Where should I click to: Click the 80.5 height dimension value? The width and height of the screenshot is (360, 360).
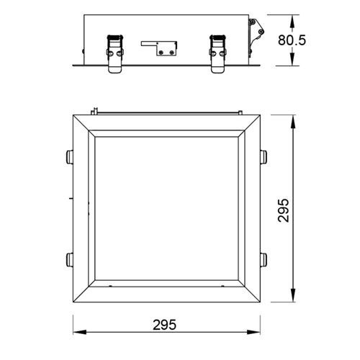point(315,40)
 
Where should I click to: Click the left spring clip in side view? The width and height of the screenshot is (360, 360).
point(114,53)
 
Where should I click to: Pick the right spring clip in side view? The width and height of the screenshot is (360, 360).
point(217,53)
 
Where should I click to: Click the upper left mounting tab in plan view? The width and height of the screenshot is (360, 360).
point(68,156)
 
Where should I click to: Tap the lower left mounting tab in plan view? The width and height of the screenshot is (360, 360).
point(68,258)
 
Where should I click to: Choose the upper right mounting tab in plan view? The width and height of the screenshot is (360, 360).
point(264,156)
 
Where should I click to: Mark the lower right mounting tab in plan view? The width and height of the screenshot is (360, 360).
point(264,258)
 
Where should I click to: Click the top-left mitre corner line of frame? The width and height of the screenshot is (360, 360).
point(84,123)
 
